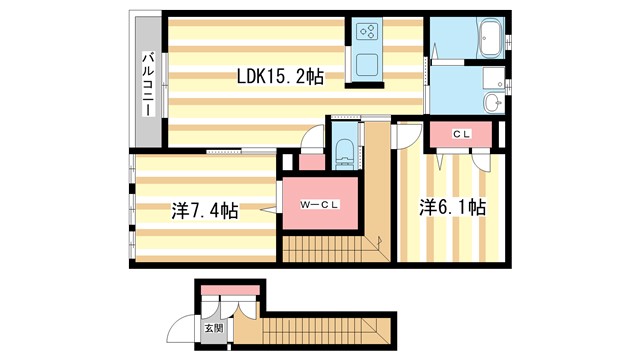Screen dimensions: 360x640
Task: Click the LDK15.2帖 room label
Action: pos(279,74)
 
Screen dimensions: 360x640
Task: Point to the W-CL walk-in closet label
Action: pos(318,204)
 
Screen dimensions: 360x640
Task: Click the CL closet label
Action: pos(461,132)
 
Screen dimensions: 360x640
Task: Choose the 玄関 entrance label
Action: pos(214,327)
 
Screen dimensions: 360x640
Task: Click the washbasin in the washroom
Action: pos(491,102)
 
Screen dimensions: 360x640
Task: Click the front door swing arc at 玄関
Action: pos(181,327)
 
